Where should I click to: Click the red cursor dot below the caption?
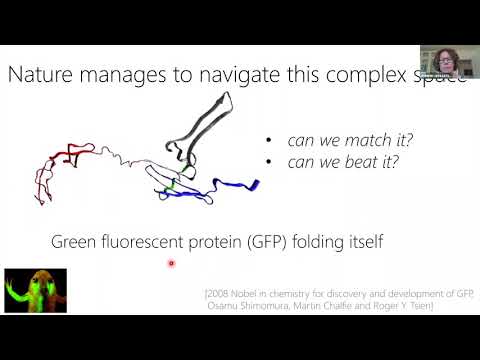tap(172, 264)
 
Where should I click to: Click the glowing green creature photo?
tap(35, 290)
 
